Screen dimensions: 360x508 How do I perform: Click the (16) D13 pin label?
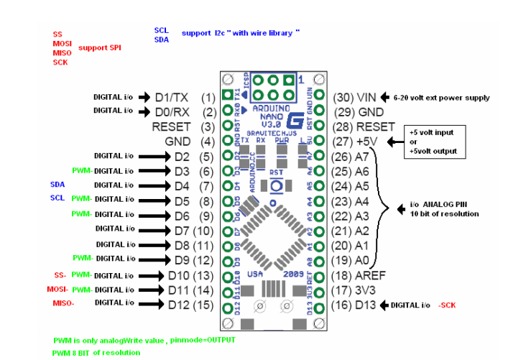pos(361,305)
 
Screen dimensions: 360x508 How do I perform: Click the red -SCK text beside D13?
pos(447,305)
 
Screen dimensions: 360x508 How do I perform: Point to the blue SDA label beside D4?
pos(57,185)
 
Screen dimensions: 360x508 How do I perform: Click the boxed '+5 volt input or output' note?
pos(433,142)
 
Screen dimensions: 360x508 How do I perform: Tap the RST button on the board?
pos(276,185)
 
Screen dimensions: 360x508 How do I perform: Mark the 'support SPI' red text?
pos(98,47)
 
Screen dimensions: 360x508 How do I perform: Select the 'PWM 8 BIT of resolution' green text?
pos(96,353)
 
